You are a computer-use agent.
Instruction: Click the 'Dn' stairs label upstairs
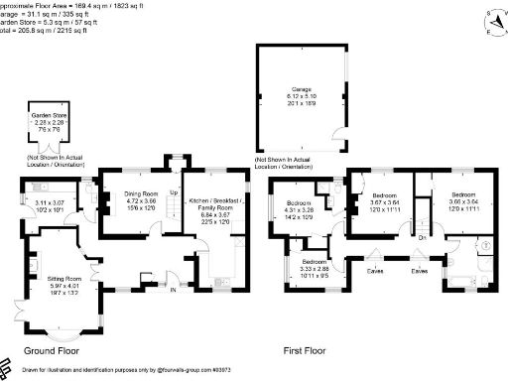421,237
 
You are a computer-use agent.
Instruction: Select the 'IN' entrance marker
172,292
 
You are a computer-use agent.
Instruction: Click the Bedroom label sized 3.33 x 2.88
321,263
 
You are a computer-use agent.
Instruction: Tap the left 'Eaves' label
375,270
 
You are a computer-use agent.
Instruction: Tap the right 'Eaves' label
420,270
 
